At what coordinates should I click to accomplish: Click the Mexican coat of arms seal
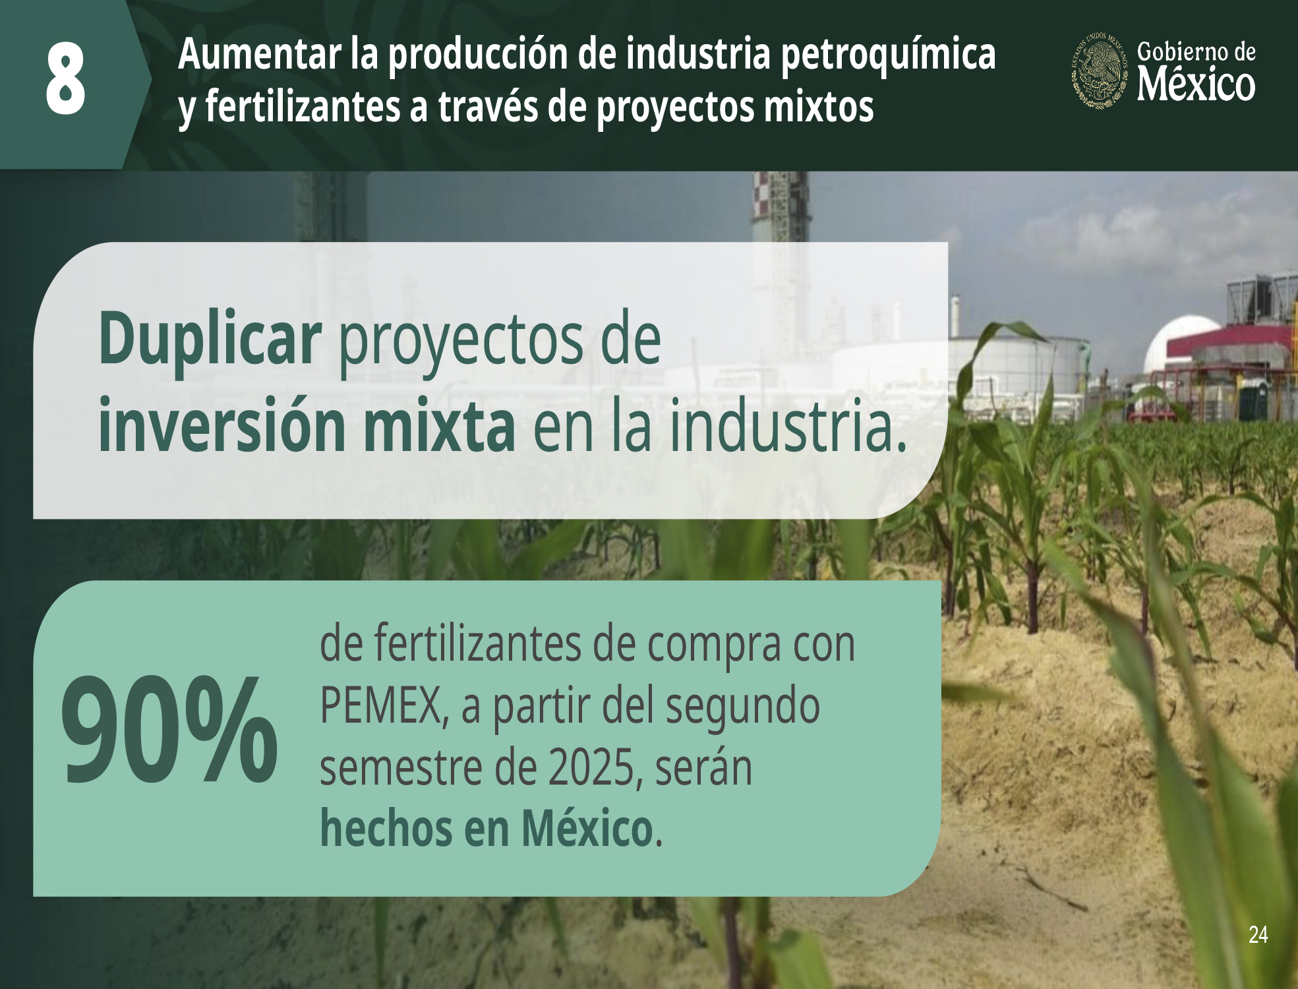(1099, 70)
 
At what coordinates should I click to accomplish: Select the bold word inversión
(222, 425)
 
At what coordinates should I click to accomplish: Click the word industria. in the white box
(788, 425)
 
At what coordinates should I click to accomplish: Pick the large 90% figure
(169, 730)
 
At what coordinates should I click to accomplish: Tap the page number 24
(1258, 934)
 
